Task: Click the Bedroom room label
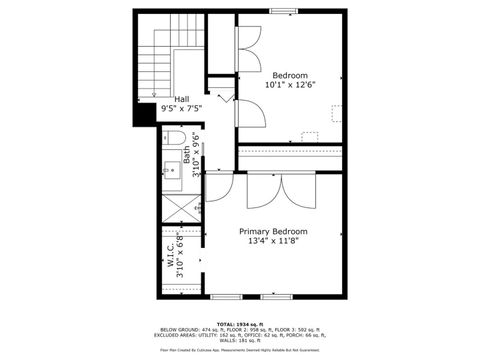(x=290, y=75)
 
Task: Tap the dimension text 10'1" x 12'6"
(x=290, y=85)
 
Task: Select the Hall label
(x=182, y=99)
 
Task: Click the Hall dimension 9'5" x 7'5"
(x=182, y=108)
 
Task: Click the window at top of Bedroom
(x=283, y=11)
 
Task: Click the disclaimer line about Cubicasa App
(x=239, y=350)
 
